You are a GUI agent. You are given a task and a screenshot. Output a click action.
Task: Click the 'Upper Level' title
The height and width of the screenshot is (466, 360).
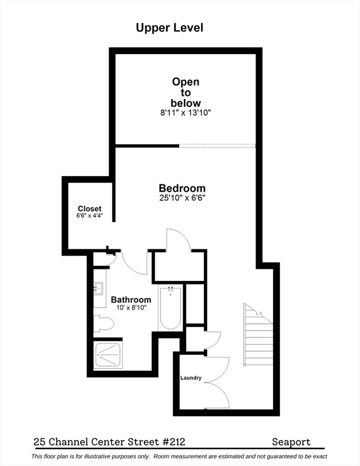point(169,27)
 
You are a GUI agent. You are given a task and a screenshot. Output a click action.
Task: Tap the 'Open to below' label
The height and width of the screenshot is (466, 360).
point(185,92)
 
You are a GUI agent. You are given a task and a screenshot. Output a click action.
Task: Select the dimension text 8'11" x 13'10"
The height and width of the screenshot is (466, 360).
point(185,112)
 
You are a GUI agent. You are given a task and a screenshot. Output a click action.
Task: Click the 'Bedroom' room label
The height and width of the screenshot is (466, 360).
point(182,188)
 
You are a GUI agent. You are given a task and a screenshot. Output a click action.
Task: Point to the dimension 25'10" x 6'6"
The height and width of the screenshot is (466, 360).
point(182,198)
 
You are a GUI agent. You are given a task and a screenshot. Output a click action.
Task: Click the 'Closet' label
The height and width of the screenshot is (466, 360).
point(89,209)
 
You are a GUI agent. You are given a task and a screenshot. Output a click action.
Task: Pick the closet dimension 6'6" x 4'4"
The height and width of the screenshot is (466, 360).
point(89,216)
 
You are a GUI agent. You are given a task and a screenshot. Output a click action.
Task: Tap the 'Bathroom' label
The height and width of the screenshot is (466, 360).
point(131,300)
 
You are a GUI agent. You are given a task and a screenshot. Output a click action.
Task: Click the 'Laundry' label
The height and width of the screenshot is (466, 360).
point(191,378)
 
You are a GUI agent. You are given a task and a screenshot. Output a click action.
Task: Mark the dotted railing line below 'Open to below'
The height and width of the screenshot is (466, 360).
point(217,146)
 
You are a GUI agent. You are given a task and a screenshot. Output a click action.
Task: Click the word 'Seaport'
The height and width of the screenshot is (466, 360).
point(291,442)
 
